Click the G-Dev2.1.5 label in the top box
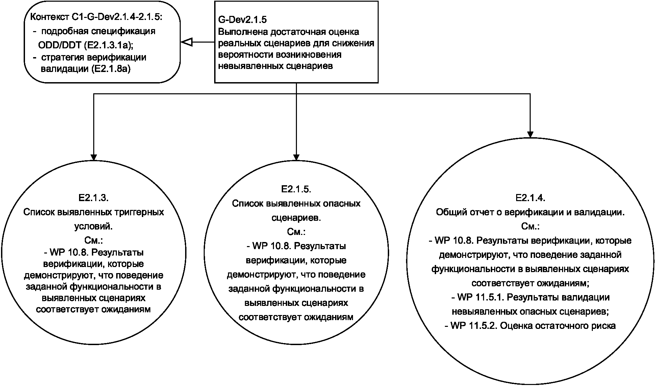pos(242,20)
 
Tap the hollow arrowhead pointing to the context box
pos(186,42)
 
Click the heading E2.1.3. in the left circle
pos(93,198)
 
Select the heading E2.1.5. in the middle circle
pos(296,189)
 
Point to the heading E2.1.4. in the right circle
pos(530,198)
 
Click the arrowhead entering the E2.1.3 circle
pos(94,157)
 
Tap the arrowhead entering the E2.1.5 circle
pos(296,157)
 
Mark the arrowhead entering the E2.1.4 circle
pos(530,134)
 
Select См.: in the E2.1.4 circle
pos(530,226)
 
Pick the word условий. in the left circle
pos(94,226)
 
